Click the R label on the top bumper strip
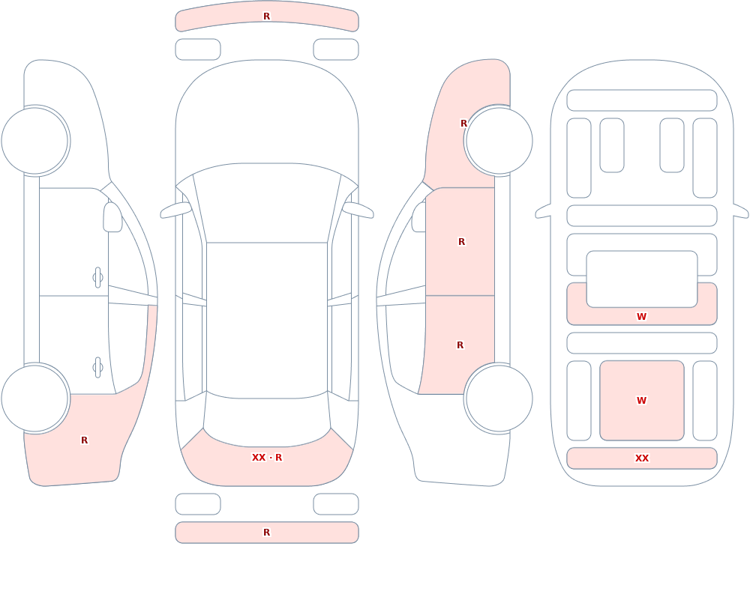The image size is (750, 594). (266, 16)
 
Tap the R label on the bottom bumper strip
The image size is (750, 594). (266, 533)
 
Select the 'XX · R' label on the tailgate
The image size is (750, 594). (267, 458)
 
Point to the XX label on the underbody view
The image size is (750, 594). (641, 458)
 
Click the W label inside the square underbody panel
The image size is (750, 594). (641, 401)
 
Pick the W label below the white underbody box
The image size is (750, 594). (641, 316)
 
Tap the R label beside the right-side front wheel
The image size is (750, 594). (463, 124)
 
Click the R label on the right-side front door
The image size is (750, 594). (461, 242)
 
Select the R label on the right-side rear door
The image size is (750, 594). (460, 345)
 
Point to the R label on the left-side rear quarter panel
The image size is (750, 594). (84, 440)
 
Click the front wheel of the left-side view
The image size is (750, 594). (35, 141)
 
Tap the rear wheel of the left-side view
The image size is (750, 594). (35, 398)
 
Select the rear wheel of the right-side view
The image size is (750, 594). (499, 398)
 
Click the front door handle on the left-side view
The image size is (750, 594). (97, 277)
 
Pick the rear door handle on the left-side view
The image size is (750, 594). (97, 368)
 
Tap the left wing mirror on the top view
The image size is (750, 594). (175, 210)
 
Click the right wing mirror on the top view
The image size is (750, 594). (358, 210)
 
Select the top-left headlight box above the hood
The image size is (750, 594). (198, 49)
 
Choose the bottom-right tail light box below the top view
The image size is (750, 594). (336, 504)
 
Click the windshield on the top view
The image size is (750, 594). (267, 203)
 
